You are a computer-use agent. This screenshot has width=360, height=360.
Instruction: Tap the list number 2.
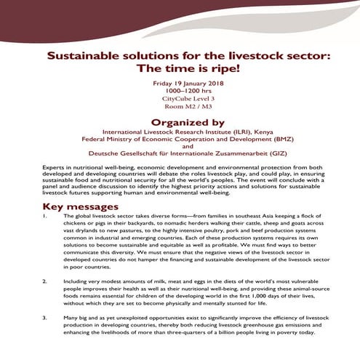tap(45, 279)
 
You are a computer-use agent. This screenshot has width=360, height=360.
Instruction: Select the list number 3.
tap(45, 317)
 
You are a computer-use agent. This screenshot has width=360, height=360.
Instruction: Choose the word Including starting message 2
tap(78, 279)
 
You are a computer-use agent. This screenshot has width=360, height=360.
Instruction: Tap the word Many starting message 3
tap(71, 317)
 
